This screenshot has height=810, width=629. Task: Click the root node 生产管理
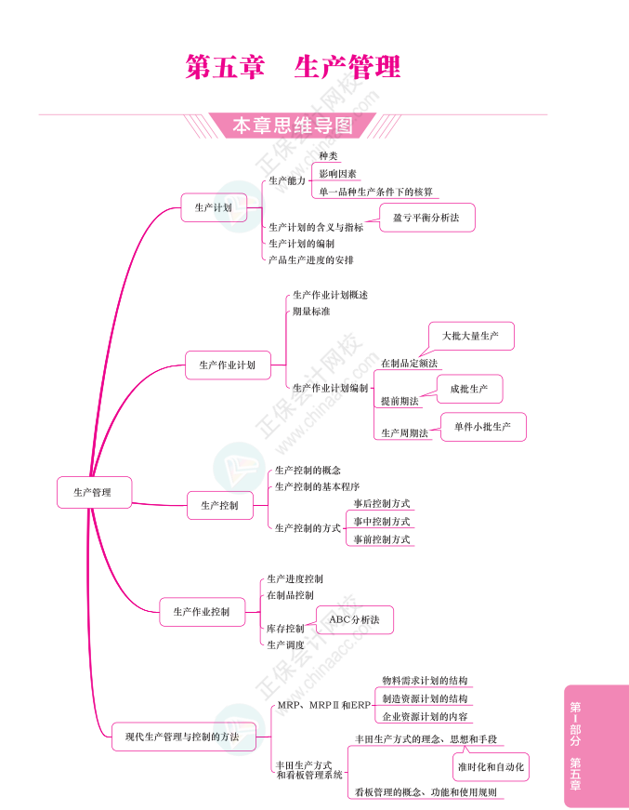click(x=92, y=492)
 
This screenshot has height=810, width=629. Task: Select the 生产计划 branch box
click(x=214, y=207)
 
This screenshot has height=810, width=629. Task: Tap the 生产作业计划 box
click(x=228, y=365)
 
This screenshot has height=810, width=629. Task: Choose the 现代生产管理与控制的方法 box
click(x=182, y=737)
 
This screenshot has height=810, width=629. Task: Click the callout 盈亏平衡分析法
click(x=426, y=218)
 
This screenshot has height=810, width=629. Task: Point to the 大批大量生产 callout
click(x=470, y=336)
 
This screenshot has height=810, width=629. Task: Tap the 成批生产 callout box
click(x=469, y=389)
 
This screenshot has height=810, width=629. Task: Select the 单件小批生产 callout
click(x=483, y=427)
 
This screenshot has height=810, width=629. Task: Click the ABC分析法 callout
click(x=355, y=617)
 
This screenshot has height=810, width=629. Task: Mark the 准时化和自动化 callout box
click(x=491, y=767)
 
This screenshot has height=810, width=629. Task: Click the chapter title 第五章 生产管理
click(x=294, y=67)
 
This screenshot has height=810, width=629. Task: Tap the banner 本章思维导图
click(x=293, y=126)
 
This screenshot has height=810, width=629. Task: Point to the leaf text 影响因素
click(x=337, y=174)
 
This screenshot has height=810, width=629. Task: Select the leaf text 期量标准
click(x=311, y=312)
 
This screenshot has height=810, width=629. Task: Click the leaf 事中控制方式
click(x=382, y=522)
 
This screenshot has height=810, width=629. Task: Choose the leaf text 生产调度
click(x=285, y=644)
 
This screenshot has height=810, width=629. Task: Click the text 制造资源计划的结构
click(x=425, y=698)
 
